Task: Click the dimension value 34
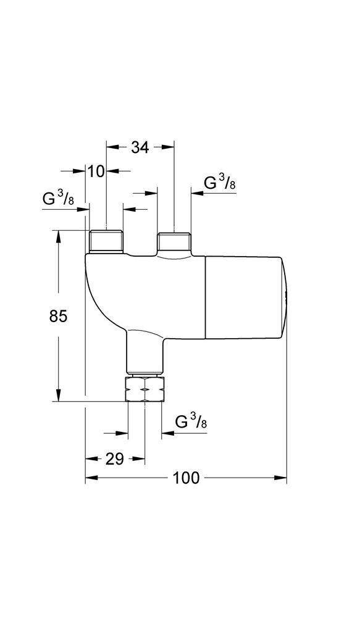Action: click(x=140, y=147)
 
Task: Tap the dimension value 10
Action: click(x=96, y=171)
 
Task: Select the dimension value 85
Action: click(x=58, y=317)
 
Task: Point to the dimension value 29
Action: click(x=114, y=458)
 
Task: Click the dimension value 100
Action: click(x=186, y=478)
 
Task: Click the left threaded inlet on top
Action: click(x=106, y=241)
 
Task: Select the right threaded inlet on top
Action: click(x=174, y=241)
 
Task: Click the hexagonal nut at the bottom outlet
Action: click(x=144, y=389)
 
